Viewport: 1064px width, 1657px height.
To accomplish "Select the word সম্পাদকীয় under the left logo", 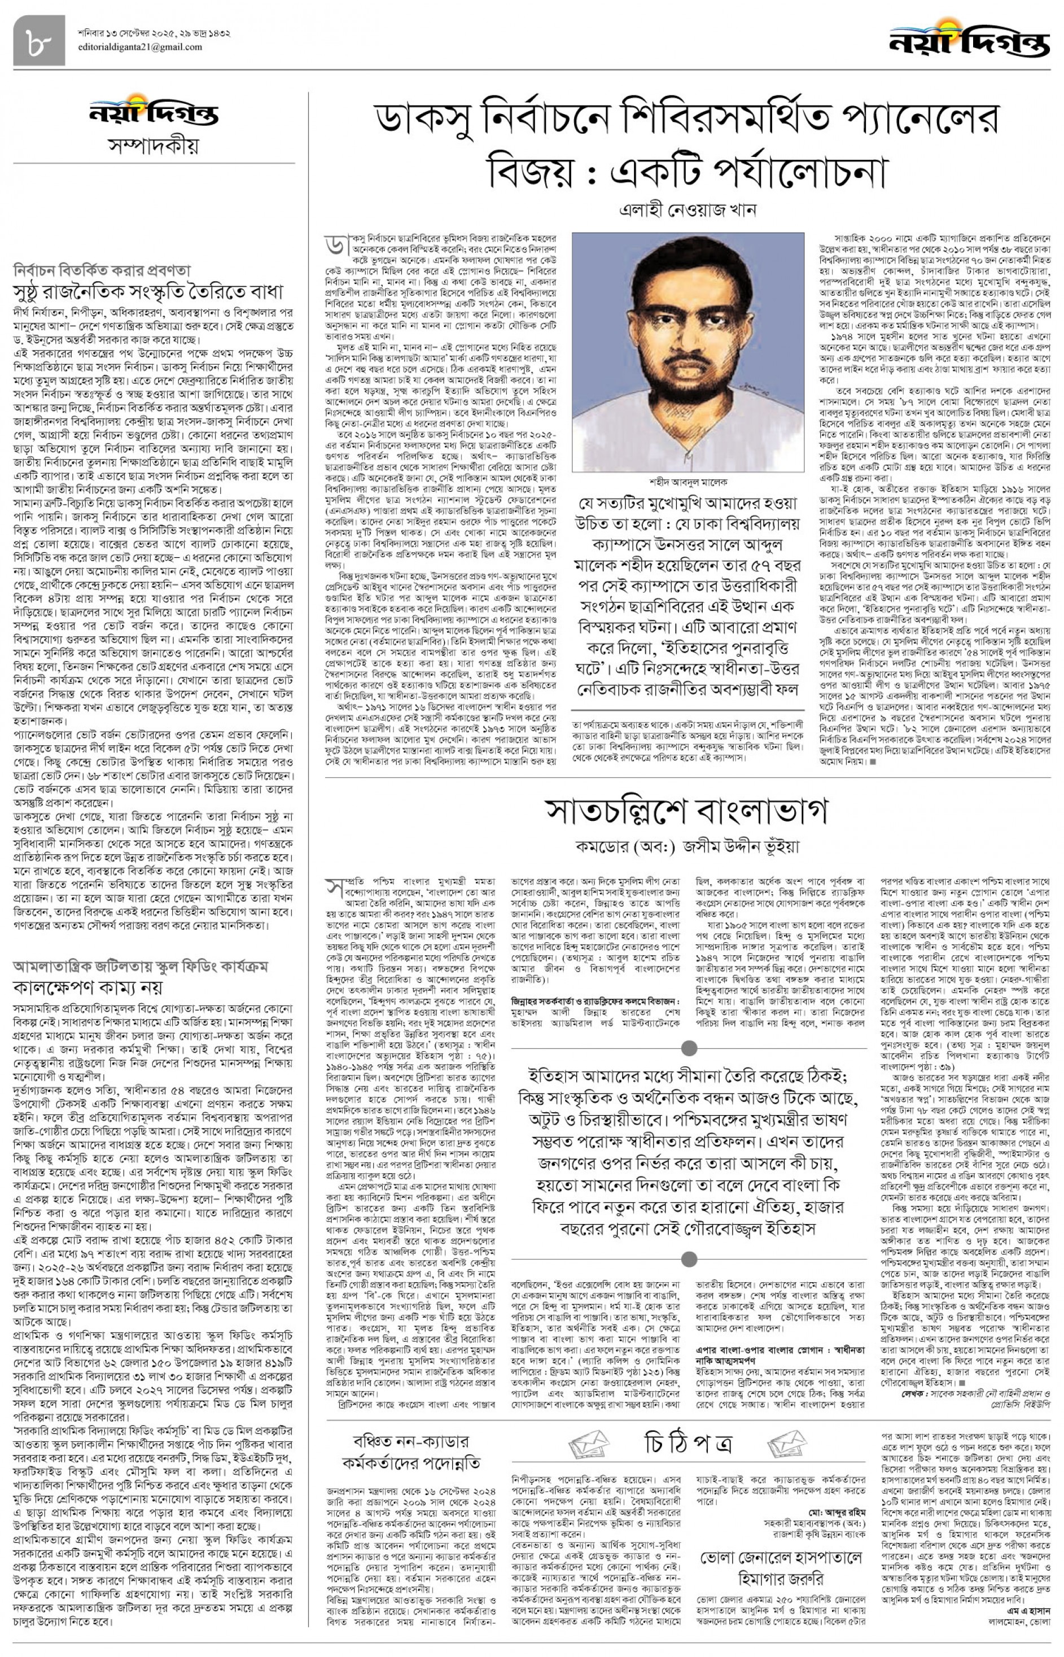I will tap(154, 146).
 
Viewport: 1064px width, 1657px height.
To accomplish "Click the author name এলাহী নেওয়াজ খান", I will tap(688, 210).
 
